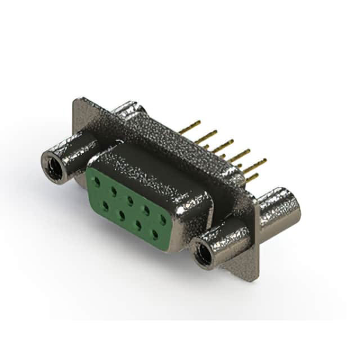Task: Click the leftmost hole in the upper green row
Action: point(97,182)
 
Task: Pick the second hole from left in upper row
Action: point(114,191)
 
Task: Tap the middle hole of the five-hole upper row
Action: point(130,200)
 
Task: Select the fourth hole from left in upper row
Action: point(147,210)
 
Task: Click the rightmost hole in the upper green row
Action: point(163,219)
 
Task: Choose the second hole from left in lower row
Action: point(121,214)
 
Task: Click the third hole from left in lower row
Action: point(138,223)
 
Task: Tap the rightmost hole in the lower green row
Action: point(155,233)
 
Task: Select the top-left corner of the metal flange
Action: point(76,101)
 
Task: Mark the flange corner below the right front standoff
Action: point(253,276)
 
